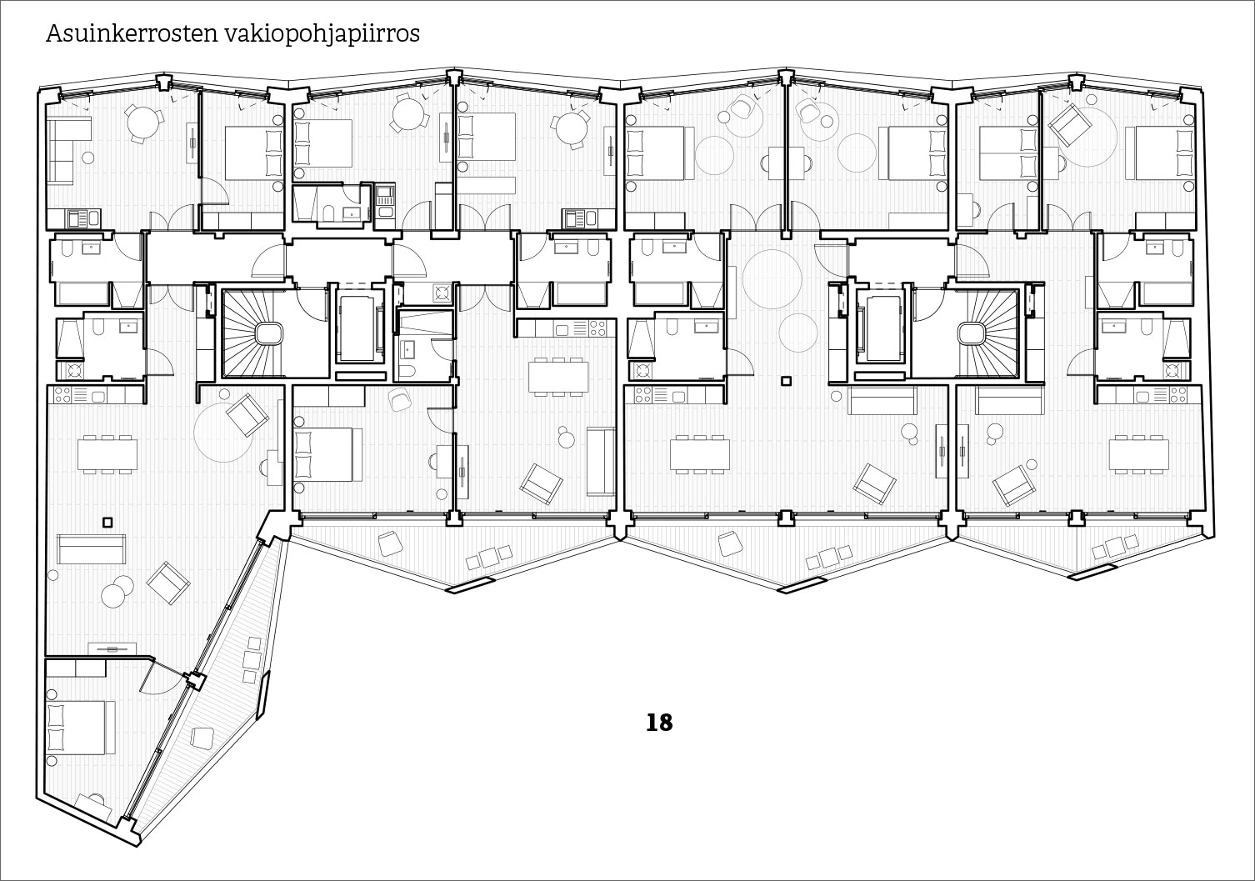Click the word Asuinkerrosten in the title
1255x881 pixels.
coord(131,33)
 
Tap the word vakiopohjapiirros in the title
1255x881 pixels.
coord(322,35)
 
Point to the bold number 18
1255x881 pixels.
coord(659,723)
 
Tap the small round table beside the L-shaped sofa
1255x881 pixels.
coord(87,158)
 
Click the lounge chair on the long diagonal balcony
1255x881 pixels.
coord(202,738)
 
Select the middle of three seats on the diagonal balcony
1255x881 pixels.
coord(252,658)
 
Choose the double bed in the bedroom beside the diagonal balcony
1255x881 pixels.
coord(81,728)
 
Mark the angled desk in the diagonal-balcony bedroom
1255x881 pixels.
coord(93,803)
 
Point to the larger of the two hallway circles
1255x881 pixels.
coord(772,279)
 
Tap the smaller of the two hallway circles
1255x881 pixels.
coord(797,333)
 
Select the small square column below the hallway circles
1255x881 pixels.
coord(786,381)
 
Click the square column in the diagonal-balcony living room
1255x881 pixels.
coord(107,523)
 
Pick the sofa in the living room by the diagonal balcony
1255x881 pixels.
coord(92,548)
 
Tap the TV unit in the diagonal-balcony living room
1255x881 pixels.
coord(112,648)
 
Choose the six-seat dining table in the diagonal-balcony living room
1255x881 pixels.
coord(107,454)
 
